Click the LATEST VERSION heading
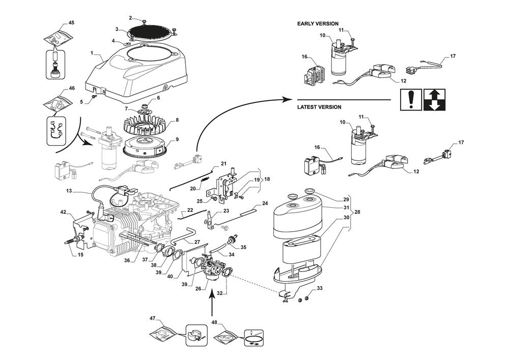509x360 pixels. (x=319, y=107)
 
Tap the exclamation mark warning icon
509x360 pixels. (x=410, y=99)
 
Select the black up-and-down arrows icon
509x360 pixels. (x=434, y=99)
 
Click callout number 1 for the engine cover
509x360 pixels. (x=92, y=53)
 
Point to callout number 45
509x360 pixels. (x=71, y=23)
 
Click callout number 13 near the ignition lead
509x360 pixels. (x=69, y=191)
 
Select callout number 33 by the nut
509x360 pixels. (x=320, y=288)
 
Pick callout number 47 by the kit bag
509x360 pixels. (x=152, y=318)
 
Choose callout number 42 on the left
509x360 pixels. (x=63, y=212)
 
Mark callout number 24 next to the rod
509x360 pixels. (x=265, y=204)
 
